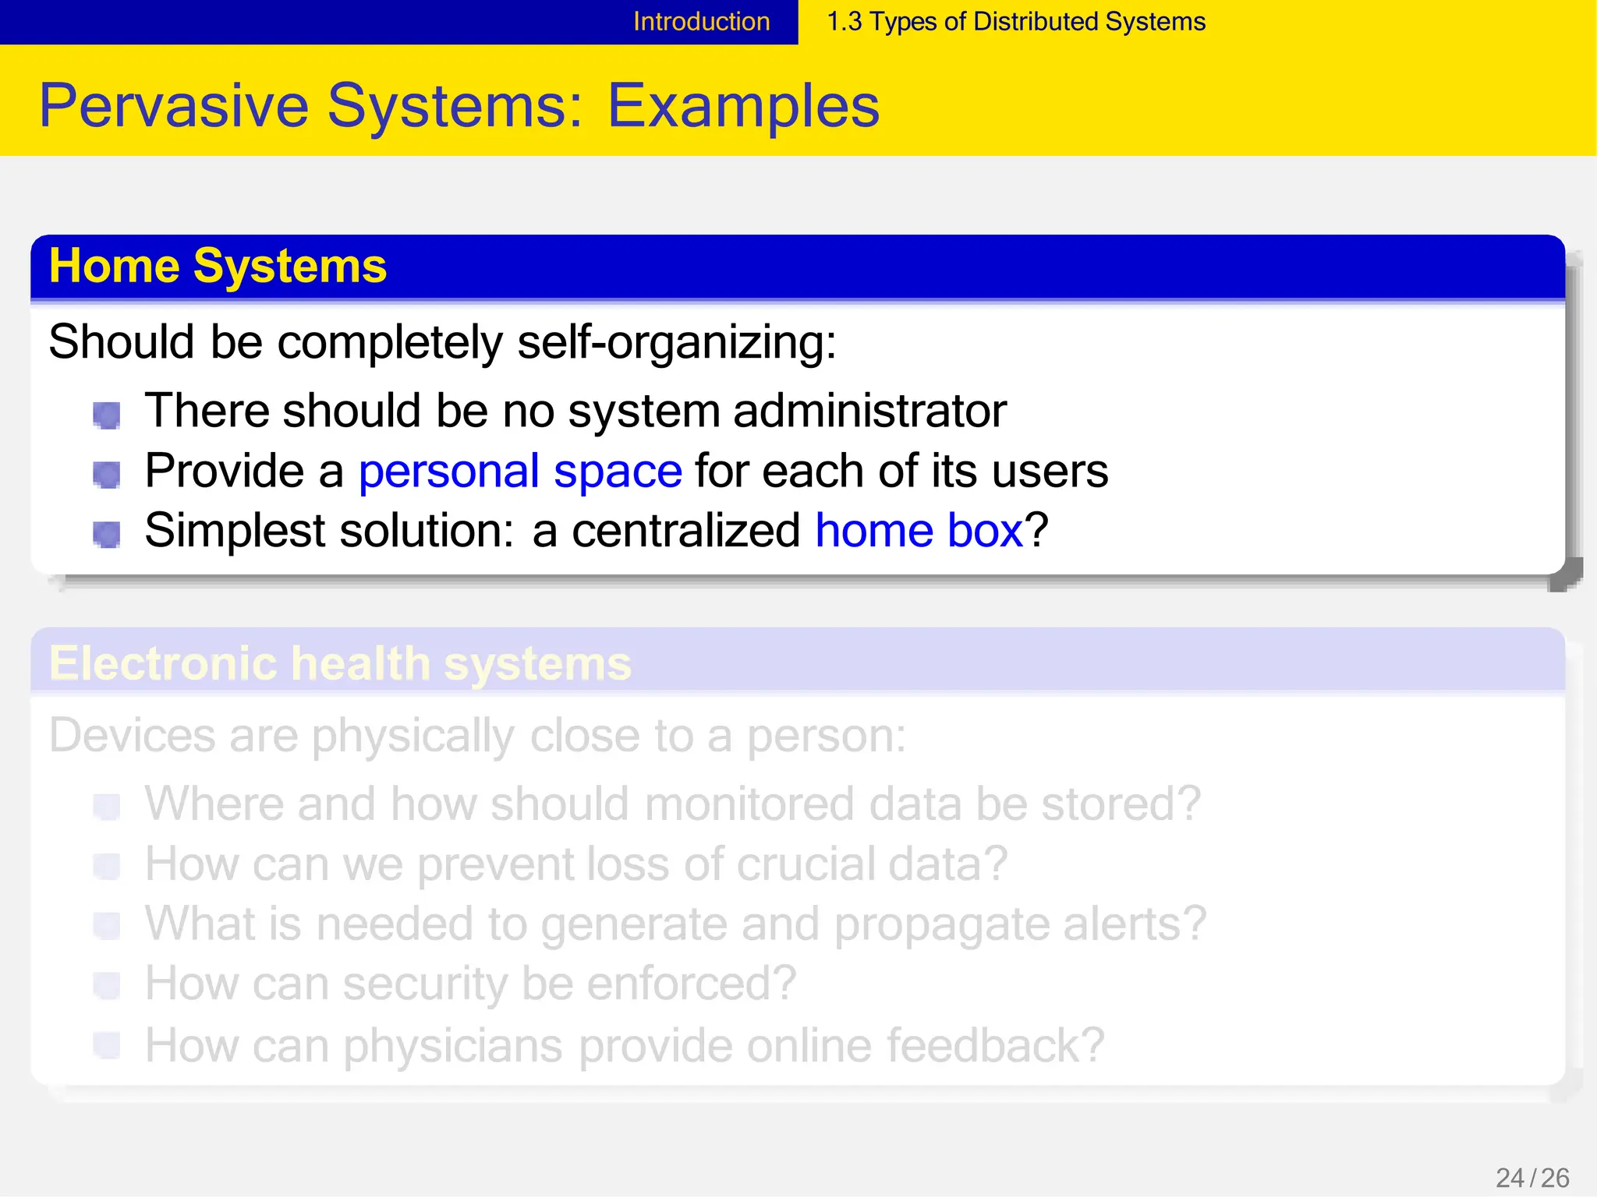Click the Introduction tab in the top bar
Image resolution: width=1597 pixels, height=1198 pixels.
point(701,22)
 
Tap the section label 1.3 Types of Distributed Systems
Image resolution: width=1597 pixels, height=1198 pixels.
point(1015,22)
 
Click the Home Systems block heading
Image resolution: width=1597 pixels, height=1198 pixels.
point(218,267)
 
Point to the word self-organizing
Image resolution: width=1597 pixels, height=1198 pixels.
point(675,342)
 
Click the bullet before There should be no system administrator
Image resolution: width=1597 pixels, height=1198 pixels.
point(107,415)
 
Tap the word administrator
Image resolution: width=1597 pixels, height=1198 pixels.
point(869,411)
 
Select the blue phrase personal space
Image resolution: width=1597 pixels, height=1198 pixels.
point(520,472)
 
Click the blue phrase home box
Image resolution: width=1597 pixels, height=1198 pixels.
point(919,532)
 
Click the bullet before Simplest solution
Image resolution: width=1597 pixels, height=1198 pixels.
point(107,535)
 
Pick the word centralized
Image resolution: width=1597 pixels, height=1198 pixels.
point(685,532)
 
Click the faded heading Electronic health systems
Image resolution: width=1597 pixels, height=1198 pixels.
point(340,664)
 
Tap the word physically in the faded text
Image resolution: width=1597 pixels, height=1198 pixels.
point(413,737)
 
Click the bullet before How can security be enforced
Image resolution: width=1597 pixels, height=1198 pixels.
point(107,985)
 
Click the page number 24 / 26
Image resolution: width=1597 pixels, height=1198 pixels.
point(1531,1178)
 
